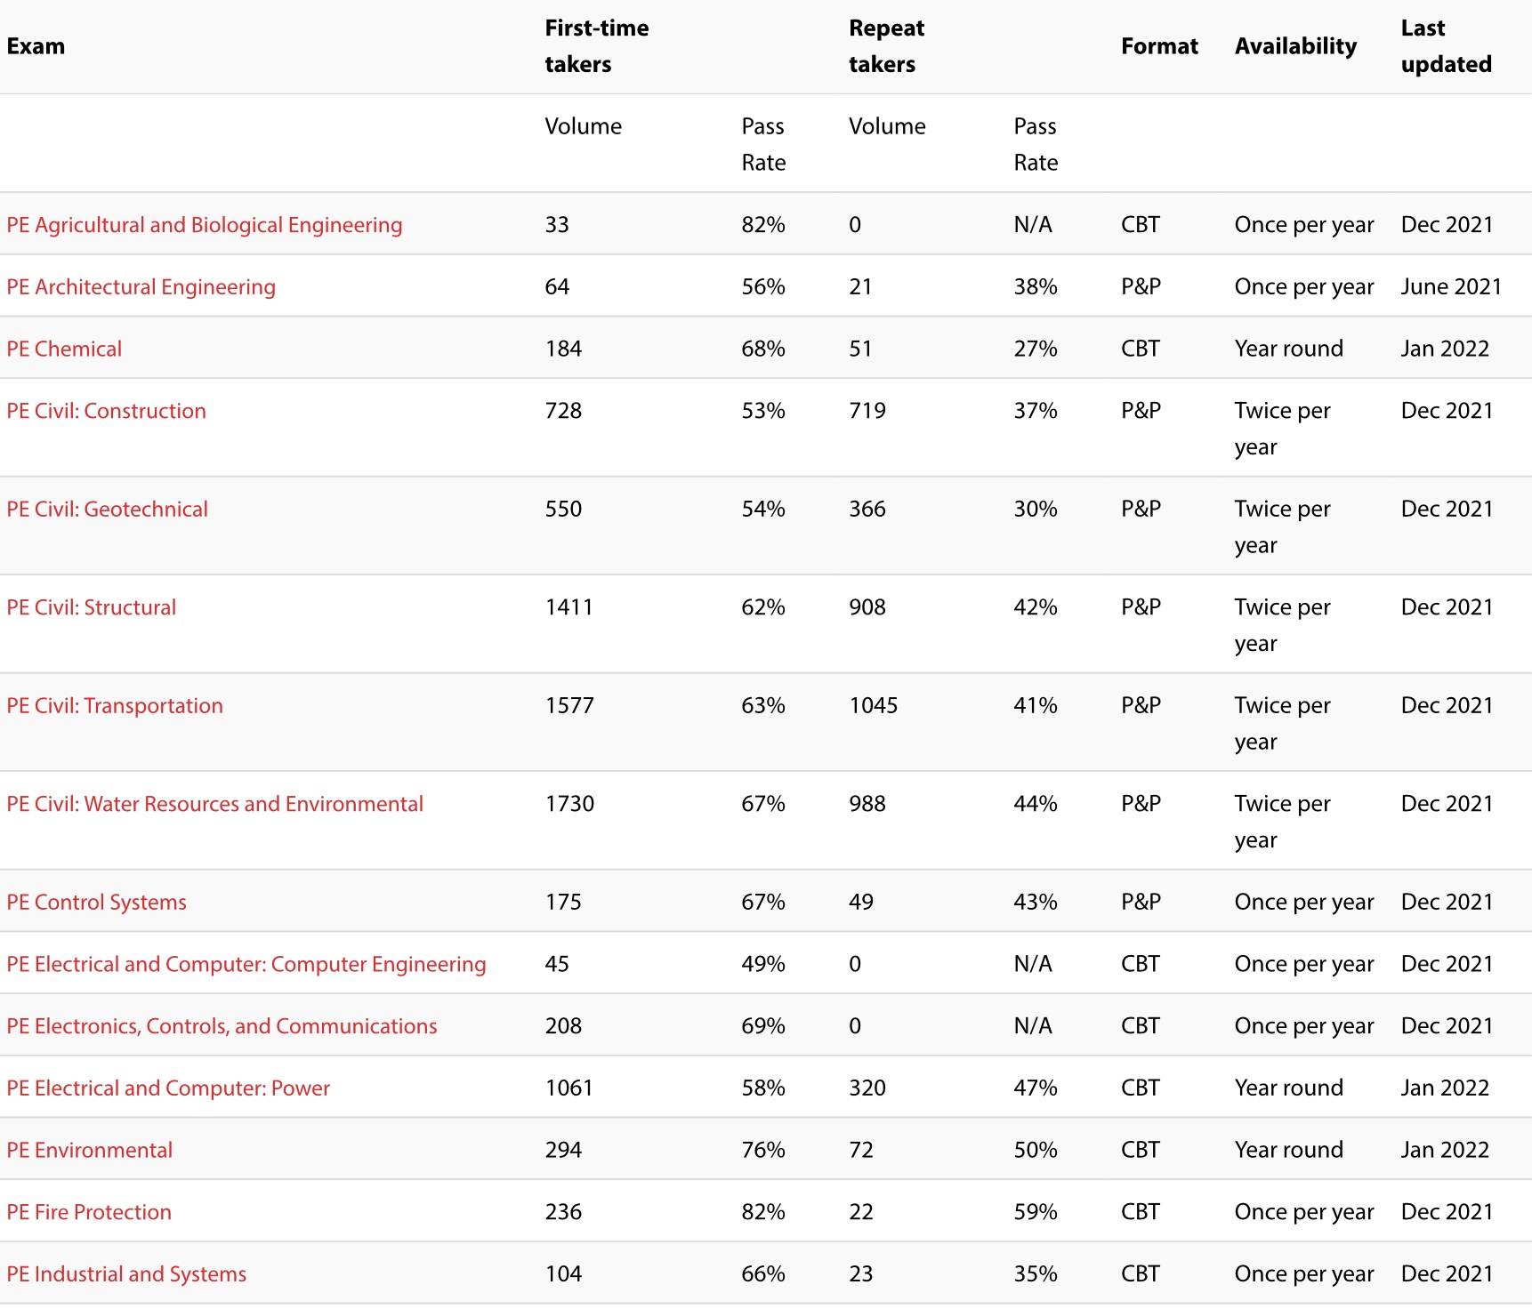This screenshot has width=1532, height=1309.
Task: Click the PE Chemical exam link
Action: coord(64,349)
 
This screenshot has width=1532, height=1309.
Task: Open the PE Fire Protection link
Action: coord(89,1212)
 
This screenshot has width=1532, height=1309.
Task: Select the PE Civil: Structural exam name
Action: coord(91,607)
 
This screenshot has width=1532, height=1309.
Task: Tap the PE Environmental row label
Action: coord(89,1150)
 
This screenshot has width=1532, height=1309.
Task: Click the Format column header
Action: coord(1159,46)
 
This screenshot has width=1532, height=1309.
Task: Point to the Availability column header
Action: coord(1295,46)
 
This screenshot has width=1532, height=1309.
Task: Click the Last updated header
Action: coord(1446,46)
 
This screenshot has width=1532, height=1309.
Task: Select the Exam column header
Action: coord(36,46)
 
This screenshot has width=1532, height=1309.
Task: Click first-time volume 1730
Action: coord(569,804)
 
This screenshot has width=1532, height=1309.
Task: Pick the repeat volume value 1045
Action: coord(873,705)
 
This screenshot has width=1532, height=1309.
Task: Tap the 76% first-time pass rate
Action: coord(762,1150)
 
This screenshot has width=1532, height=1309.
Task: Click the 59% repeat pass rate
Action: coord(1035,1212)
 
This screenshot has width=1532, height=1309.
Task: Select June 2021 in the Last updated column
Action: coord(1451,286)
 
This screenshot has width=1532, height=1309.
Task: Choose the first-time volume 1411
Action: coord(568,607)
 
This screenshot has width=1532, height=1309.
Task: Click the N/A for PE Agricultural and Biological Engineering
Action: coord(1032,225)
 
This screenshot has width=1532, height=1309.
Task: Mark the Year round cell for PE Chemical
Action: coord(1288,349)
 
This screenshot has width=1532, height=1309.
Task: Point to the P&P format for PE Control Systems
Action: coord(1141,902)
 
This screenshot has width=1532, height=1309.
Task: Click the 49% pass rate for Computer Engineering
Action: coord(762,964)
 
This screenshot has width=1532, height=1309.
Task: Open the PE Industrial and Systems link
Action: coord(126,1274)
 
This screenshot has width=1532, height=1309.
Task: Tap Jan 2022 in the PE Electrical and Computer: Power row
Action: coord(1445,1088)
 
